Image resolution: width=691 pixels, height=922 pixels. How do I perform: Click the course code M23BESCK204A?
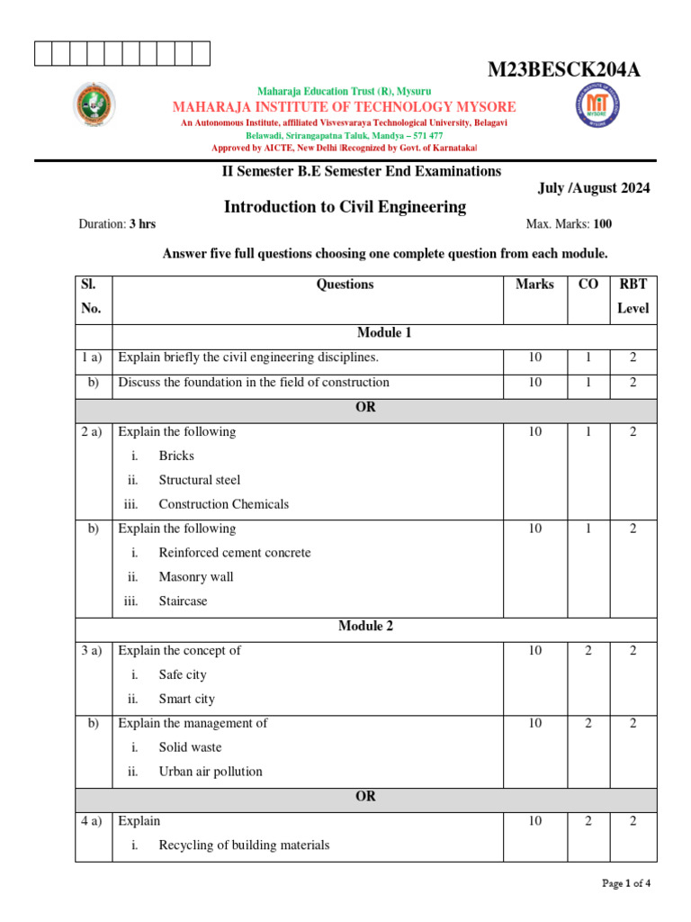(x=564, y=71)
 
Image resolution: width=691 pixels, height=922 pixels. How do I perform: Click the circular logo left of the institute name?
(x=94, y=105)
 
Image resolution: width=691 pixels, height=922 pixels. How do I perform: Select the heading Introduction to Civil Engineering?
(x=345, y=207)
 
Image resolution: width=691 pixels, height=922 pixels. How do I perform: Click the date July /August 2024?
(x=593, y=188)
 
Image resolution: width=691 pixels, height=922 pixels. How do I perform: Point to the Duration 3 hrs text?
(x=117, y=224)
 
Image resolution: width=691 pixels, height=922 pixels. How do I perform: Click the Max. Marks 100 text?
(x=569, y=224)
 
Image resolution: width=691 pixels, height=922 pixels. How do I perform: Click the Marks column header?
(x=534, y=285)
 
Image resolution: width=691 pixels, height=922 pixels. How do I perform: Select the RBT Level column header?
(x=633, y=296)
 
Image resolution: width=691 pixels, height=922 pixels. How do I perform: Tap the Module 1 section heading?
(x=384, y=333)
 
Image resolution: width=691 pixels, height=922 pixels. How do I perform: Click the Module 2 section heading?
(x=365, y=626)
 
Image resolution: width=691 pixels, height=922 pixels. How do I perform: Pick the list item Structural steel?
(x=200, y=480)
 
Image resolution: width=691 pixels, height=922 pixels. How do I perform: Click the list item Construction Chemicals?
(x=223, y=504)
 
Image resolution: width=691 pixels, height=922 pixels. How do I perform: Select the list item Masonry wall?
(x=195, y=577)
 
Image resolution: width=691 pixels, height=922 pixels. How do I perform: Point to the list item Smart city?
(x=186, y=699)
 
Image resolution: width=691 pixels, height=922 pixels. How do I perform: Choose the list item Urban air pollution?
(x=211, y=772)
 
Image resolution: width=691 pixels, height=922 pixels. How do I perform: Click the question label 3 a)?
(x=94, y=651)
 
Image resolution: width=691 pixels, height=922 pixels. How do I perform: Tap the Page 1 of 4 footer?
(x=625, y=883)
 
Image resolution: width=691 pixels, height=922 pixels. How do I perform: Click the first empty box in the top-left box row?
(x=43, y=54)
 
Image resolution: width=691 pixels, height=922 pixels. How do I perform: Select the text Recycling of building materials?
(x=244, y=845)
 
